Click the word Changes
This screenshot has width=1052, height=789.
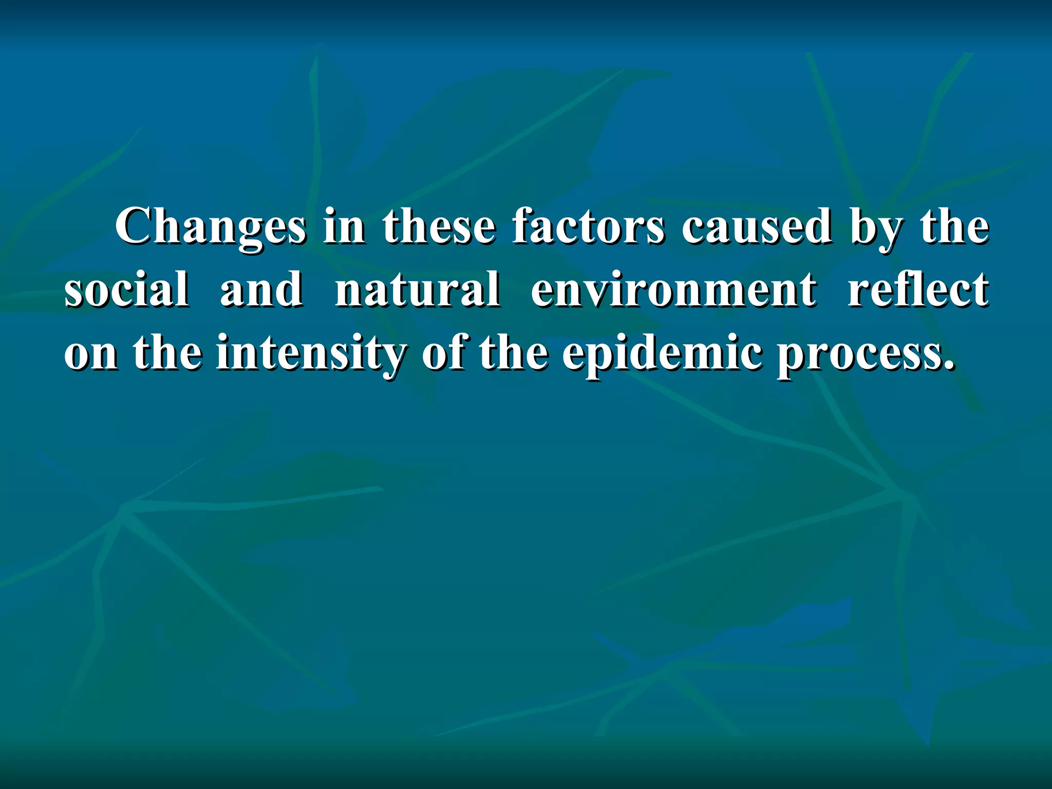[211, 227]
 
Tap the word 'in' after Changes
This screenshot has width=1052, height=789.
[344, 227]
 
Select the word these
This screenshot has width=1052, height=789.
[439, 227]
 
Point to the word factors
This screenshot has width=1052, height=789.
[588, 227]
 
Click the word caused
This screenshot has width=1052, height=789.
[756, 227]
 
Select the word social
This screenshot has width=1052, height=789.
[126, 290]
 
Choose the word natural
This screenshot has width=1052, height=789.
[417, 290]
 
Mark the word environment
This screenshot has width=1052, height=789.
[673, 290]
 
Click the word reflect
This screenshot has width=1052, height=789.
[918, 290]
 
